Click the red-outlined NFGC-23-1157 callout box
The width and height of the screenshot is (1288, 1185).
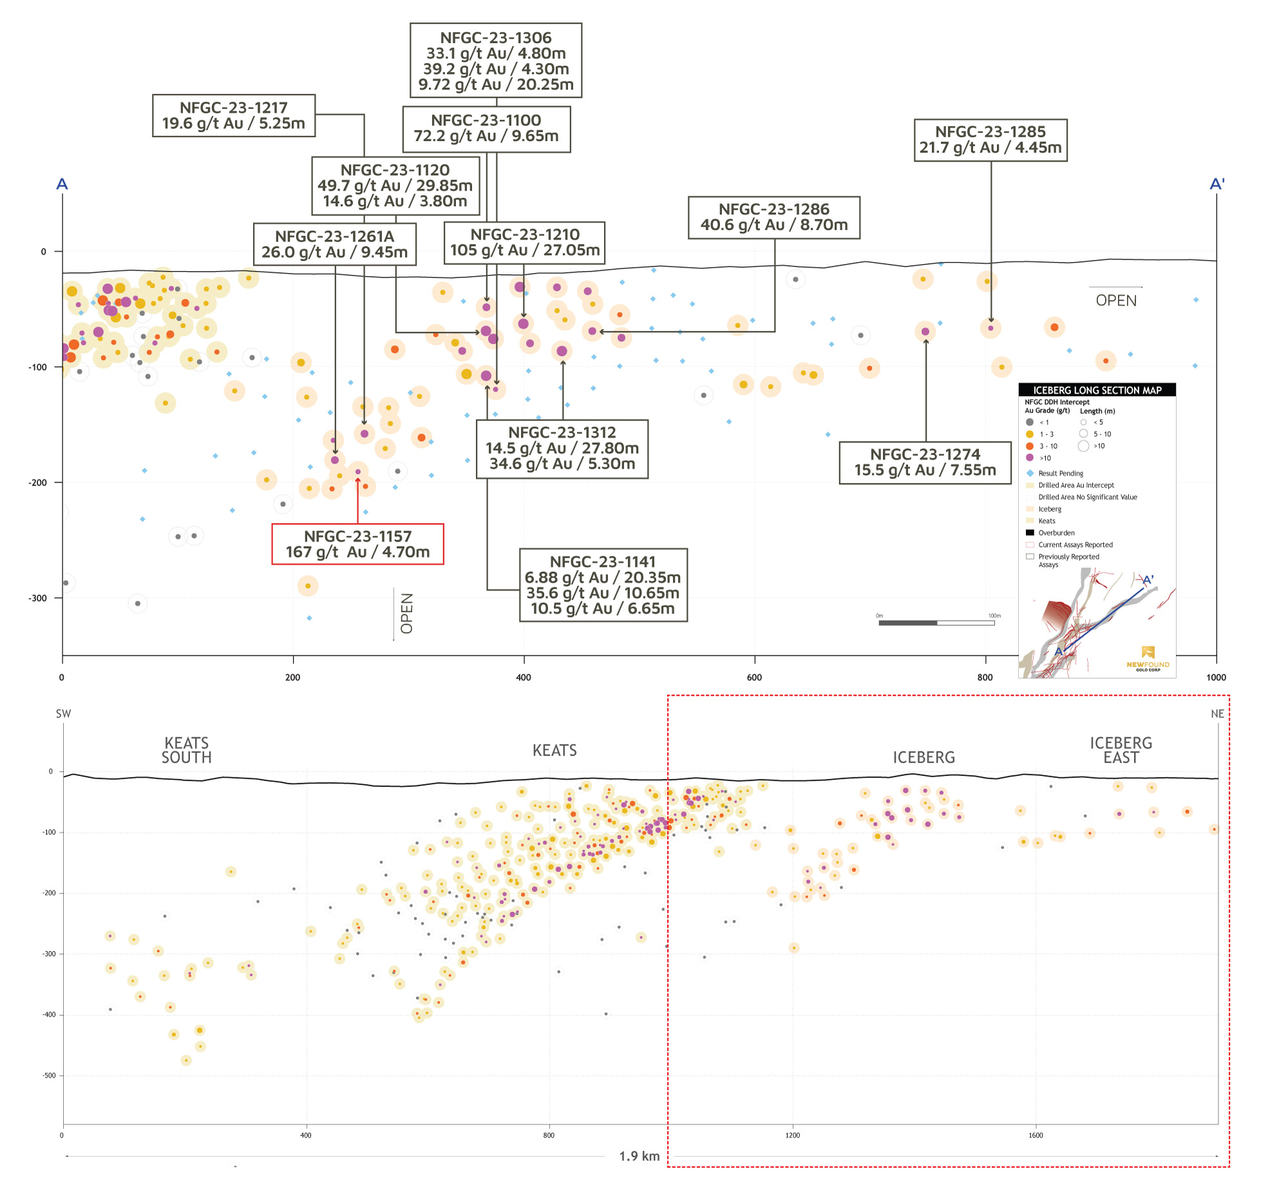click(357, 544)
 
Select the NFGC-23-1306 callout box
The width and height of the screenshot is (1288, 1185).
click(496, 61)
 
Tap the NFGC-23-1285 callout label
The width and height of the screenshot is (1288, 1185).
click(990, 140)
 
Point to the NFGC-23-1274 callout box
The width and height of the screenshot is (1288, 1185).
click(925, 462)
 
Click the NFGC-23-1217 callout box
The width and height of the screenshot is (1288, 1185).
click(234, 116)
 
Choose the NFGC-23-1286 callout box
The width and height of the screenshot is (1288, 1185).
click(774, 218)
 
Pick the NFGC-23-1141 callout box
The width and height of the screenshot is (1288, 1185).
click(603, 585)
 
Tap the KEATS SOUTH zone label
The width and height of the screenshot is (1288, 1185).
click(187, 750)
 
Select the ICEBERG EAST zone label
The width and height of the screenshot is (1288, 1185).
click(1121, 750)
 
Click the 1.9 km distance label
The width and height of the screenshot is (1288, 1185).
click(639, 1156)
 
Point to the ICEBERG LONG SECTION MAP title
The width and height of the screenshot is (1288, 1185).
click(1097, 390)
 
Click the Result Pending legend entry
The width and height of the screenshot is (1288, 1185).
click(1060, 473)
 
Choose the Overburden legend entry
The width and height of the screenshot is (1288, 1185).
click(1056, 533)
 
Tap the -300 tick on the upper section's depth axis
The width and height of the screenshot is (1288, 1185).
click(37, 598)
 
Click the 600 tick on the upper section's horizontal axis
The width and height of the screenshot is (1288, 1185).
click(754, 678)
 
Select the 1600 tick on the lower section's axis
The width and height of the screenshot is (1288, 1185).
click(1036, 1135)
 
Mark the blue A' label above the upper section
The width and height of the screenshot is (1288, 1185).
click(1217, 184)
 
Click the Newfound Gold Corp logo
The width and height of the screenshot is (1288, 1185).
click(1148, 658)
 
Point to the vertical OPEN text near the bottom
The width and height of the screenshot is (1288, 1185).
click(406, 613)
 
